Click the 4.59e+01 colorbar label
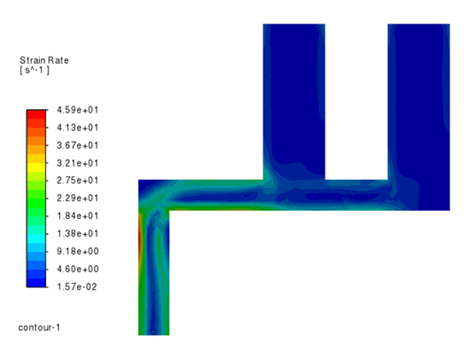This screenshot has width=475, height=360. tap(78, 110)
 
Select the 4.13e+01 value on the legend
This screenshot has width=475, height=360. tap(78, 128)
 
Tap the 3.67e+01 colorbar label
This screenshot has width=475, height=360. tap(78, 145)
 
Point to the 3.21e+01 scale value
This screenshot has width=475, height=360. tap(78, 163)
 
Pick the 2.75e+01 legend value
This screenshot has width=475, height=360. tap(78, 180)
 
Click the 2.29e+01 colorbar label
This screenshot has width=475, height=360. tap(78, 199)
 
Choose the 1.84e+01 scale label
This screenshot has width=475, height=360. tap(78, 215)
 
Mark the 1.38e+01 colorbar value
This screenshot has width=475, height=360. tap(78, 233)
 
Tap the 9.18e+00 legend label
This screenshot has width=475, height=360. tap(78, 251)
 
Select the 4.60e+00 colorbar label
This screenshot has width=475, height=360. tap(78, 269)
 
